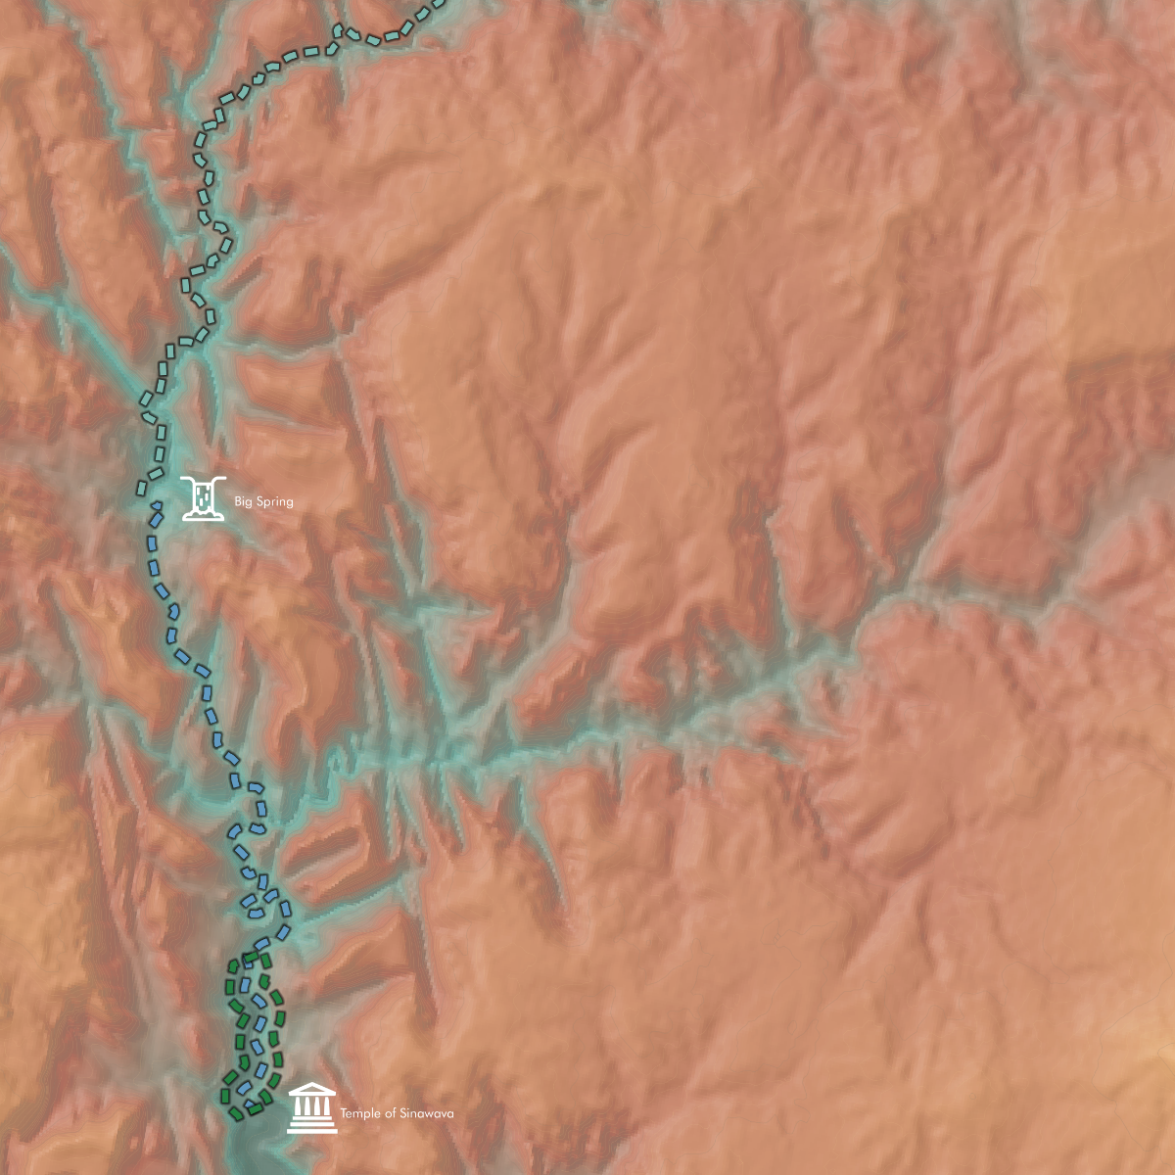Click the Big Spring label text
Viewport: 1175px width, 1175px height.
click(x=263, y=501)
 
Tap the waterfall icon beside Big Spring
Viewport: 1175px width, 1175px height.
click(x=204, y=497)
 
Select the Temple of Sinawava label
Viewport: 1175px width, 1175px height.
click(x=397, y=1113)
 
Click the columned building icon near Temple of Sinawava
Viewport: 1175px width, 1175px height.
click(x=312, y=1108)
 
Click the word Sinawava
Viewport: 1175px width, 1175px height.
click(x=426, y=1113)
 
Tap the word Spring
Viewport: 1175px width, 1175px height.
click(x=274, y=501)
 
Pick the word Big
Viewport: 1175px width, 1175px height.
click(x=242, y=501)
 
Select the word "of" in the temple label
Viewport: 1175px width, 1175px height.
click(x=391, y=1113)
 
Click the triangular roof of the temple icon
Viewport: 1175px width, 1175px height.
click(x=312, y=1091)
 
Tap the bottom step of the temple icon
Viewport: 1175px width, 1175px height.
click(x=312, y=1130)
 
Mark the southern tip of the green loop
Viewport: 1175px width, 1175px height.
click(x=238, y=1113)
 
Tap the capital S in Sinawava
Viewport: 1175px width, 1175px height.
click(x=404, y=1113)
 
